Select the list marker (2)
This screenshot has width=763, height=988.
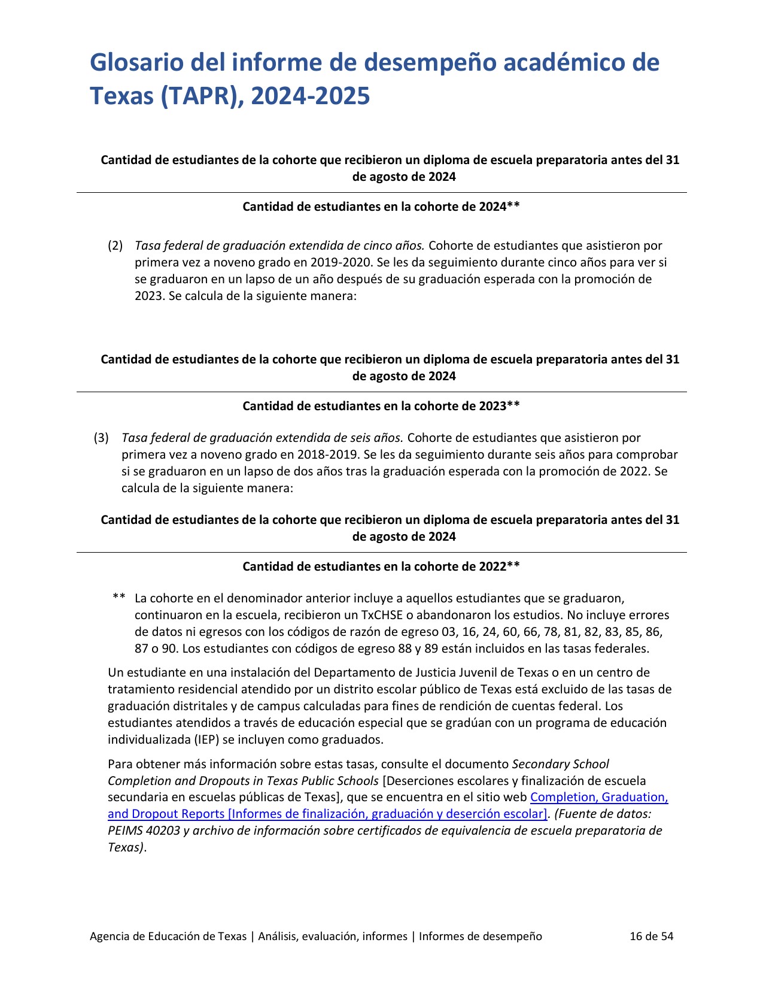tap(115, 246)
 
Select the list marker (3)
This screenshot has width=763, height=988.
tap(101, 438)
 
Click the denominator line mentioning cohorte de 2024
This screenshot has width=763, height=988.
tap(381, 207)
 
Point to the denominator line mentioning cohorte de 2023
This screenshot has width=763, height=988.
tap(381, 406)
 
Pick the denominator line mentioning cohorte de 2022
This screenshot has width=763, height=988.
tap(381, 566)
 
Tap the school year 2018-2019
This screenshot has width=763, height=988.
tap(332, 454)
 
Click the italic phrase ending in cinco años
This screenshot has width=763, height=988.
tap(279, 246)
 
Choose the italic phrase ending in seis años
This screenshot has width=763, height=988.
tap(262, 438)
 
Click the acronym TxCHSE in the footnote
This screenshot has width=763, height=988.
tap(382, 615)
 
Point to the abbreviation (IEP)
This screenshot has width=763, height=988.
tap(205, 740)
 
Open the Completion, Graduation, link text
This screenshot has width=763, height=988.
tap(599, 797)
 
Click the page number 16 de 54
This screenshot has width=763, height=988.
tap(651, 937)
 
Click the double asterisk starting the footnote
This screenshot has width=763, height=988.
tap(118, 598)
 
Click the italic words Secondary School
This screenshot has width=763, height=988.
tap(561, 764)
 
